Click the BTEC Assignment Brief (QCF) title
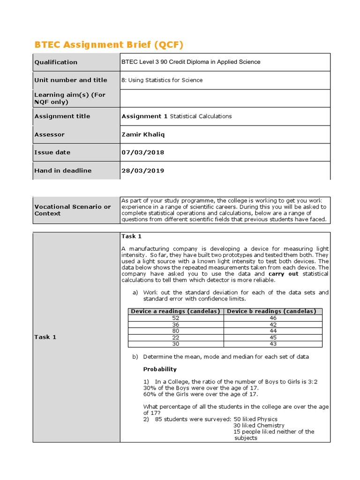[x=109, y=45]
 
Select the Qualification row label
[x=56, y=62]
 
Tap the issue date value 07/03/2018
[x=143, y=152]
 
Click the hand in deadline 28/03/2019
[x=143, y=171]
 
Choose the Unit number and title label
[x=71, y=80]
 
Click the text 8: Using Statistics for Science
[x=162, y=80]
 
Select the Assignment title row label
[x=62, y=116]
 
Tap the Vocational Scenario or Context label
[x=73, y=210]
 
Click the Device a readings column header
[x=176, y=311]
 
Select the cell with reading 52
[x=176, y=318]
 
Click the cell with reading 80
[x=176, y=330]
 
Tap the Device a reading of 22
[x=176, y=337]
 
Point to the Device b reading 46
[x=273, y=318]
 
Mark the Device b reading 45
[x=273, y=337]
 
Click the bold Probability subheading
[x=160, y=369]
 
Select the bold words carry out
[x=283, y=274]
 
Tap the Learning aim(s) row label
[x=70, y=98]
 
